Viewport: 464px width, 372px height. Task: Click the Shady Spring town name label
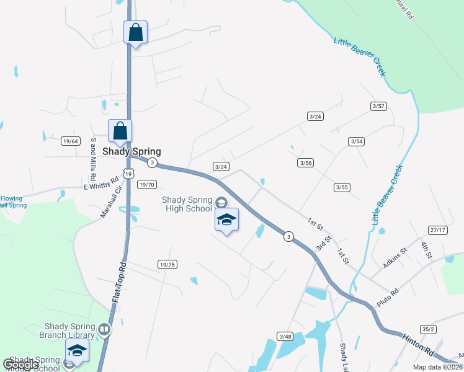point(132,151)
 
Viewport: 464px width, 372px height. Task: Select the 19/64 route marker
point(71,141)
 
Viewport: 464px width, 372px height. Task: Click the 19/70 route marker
point(146,184)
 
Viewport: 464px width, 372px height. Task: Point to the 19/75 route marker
point(167,264)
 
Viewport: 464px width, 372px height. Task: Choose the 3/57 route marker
point(378,106)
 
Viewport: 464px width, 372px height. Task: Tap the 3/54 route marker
point(356,141)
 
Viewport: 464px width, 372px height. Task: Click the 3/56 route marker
point(305,162)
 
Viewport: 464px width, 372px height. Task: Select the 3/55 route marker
point(342,187)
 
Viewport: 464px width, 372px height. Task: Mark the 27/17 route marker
point(438,230)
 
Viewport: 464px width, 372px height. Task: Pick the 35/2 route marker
point(428,329)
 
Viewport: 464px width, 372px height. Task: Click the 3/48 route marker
point(285,336)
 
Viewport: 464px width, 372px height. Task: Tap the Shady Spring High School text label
point(187,204)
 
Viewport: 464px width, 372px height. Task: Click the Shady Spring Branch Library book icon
point(104,329)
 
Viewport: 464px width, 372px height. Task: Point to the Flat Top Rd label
point(119,283)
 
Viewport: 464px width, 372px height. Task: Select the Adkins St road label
point(395,257)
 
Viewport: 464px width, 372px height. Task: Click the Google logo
point(20,365)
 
